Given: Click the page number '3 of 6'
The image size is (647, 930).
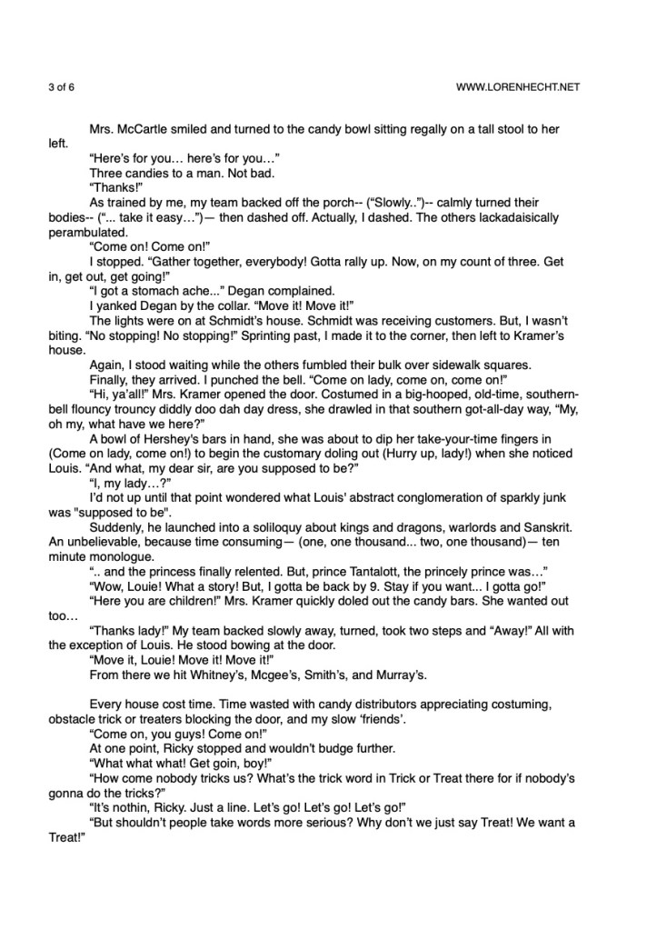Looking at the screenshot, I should coord(63,87).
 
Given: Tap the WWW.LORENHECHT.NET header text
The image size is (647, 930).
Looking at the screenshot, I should coord(522,87).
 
